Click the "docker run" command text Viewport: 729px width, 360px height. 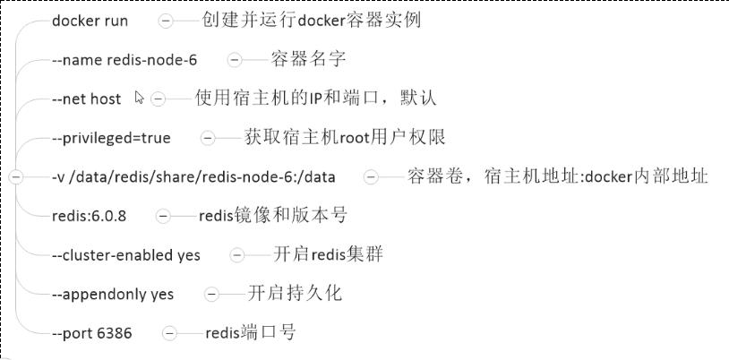click(90, 21)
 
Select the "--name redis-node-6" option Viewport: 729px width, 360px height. click(124, 60)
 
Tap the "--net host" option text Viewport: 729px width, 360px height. click(87, 99)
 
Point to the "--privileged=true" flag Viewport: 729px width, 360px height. click(111, 138)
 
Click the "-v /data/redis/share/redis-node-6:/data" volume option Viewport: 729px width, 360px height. click(193, 177)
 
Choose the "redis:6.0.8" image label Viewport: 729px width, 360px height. click(90, 217)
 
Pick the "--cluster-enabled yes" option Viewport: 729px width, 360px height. click(126, 255)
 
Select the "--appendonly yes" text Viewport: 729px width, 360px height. click(113, 295)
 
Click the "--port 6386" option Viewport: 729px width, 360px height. click(92, 333)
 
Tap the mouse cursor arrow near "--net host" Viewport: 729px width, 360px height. click(139, 98)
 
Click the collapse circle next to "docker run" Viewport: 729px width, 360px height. click(166, 21)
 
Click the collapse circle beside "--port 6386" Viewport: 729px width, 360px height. click(169, 333)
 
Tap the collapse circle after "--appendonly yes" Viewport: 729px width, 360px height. click(211, 295)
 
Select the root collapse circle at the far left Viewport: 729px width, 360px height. click(16, 177)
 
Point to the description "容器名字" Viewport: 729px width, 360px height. click(308, 59)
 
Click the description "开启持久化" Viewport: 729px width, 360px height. click(295, 294)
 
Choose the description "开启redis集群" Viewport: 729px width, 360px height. click(329, 254)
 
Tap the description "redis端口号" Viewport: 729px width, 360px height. click(251, 332)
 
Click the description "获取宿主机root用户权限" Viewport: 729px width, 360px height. click(345, 137)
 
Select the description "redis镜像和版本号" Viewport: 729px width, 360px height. click(273, 216)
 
